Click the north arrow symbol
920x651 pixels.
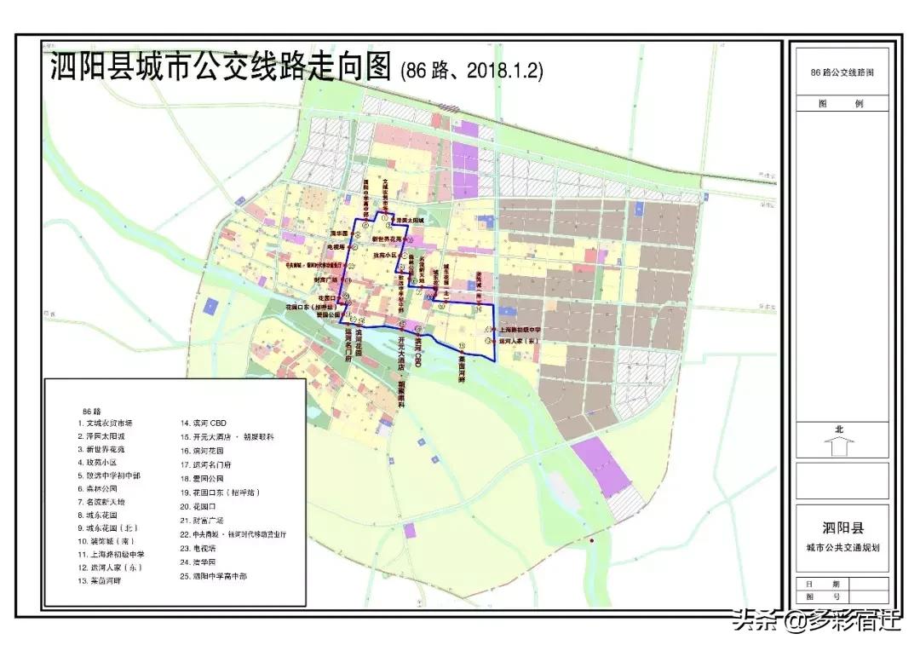[x=839, y=446]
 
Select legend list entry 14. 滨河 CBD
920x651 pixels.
[x=203, y=422]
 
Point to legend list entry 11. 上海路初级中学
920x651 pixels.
[x=110, y=553]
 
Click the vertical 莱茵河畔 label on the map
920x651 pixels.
[x=461, y=366]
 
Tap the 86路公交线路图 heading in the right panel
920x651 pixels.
[x=842, y=72]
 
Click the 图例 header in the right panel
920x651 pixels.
[x=841, y=104]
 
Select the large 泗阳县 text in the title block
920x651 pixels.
[x=841, y=527]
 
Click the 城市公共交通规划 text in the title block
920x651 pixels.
[x=841, y=547]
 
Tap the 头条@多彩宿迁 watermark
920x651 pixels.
[x=814, y=619]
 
